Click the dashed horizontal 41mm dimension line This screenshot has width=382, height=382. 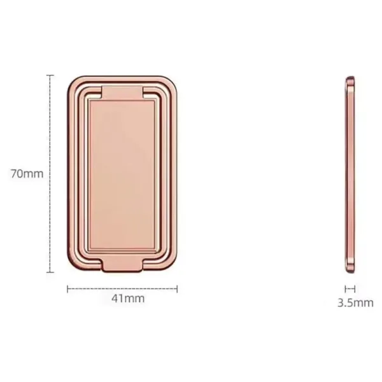(x=122, y=288)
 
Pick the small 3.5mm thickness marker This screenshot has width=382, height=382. (x=350, y=288)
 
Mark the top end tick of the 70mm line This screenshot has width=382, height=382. (x=51, y=75)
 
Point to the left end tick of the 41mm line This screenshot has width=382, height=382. (x=67, y=288)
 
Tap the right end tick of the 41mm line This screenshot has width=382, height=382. (x=178, y=288)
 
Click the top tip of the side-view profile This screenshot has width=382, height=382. (x=350, y=78)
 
